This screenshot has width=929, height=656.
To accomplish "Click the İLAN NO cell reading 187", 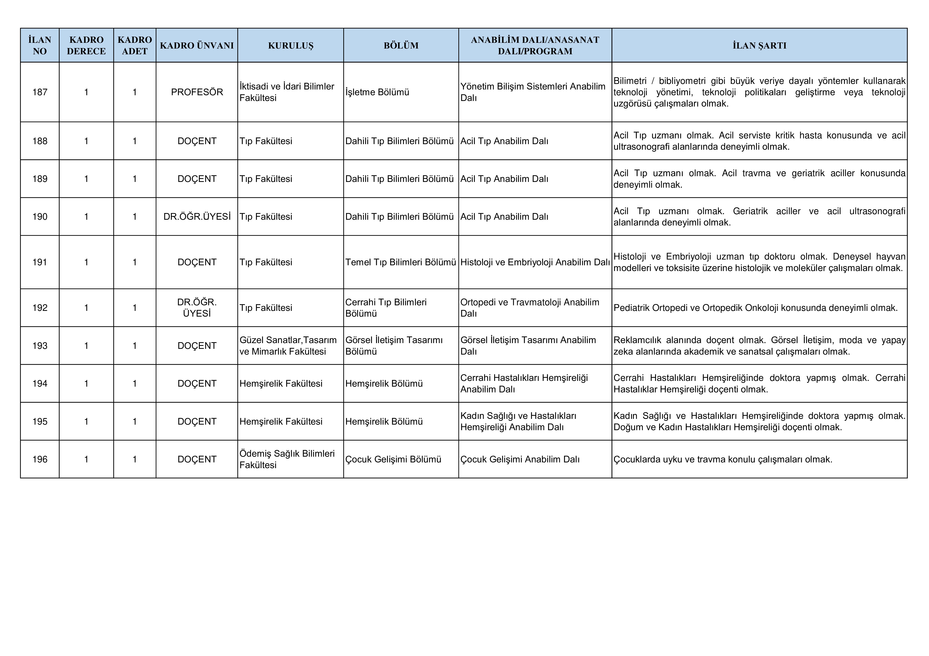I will (x=40, y=92).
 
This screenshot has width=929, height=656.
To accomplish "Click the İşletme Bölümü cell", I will (x=377, y=92).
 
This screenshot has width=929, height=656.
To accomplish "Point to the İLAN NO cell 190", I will (x=40, y=217).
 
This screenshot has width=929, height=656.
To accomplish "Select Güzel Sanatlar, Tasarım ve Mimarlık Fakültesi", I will (x=288, y=346).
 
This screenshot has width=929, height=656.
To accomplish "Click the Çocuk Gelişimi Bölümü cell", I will (x=393, y=459).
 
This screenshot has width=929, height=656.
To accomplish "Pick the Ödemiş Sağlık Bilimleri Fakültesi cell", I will (x=287, y=459).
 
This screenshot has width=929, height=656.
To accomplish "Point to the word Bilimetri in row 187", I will (x=630, y=81).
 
